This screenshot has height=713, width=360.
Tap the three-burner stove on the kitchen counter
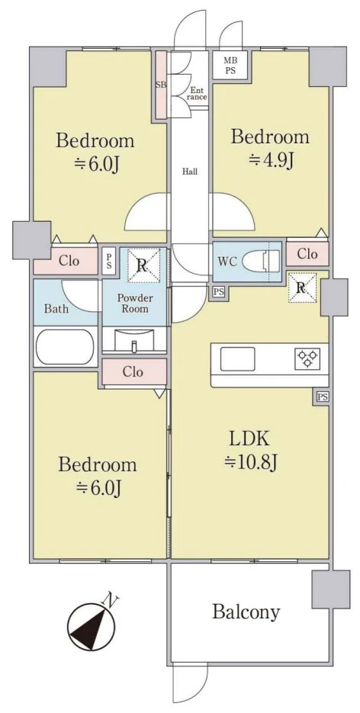click(x=307, y=358)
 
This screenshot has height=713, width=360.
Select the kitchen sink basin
click(x=238, y=358)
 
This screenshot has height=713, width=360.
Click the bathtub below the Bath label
click(x=65, y=346)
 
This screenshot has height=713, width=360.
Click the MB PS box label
click(x=230, y=65)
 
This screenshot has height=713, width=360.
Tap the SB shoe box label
click(x=161, y=85)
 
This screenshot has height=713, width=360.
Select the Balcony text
click(x=246, y=613)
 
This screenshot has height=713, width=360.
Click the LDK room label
click(x=250, y=440)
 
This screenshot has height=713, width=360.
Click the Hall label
click(x=190, y=172)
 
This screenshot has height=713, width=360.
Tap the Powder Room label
click(x=135, y=304)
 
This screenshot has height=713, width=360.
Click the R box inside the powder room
click(x=143, y=265)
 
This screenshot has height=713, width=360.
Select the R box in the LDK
click(x=302, y=287)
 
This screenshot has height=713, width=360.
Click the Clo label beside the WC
click(x=307, y=254)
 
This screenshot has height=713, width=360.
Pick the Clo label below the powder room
click(x=133, y=372)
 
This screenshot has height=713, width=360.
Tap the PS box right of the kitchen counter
click(x=322, y=397)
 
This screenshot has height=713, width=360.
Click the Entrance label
click(x=198, y=93)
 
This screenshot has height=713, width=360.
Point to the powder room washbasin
click(x=133, y=341)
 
